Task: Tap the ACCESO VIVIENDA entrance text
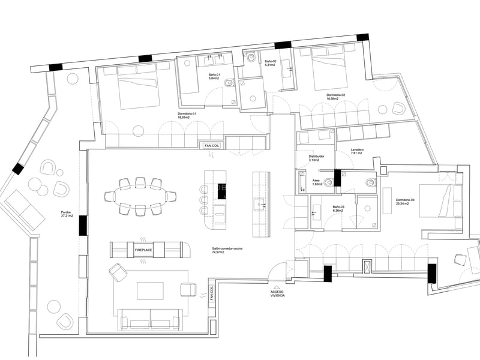point(277,293)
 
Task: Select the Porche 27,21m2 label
point(67,214)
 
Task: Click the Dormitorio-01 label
point(187,116)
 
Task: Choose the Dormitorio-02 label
point(336,97)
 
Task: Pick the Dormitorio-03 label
point(402,202)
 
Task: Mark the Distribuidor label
point(316,158)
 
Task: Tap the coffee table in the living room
point(149,290)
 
